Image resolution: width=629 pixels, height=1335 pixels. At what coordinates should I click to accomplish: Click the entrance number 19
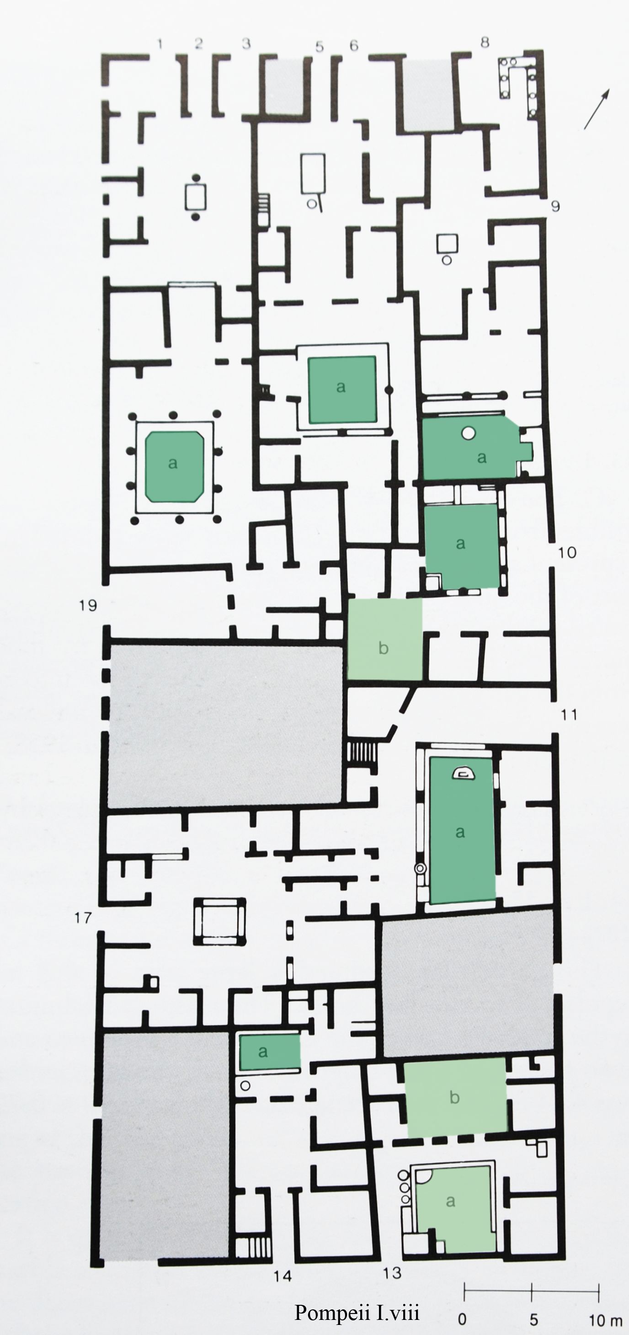coord(88,605)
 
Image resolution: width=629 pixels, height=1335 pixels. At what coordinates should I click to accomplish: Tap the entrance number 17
coord(83,918)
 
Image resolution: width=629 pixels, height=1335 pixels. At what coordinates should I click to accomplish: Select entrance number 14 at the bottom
coord(283,1276)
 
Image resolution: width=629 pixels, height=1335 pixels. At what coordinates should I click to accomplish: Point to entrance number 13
coord(392,1272)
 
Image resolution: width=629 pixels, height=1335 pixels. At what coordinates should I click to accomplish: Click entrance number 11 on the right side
coord(569,715)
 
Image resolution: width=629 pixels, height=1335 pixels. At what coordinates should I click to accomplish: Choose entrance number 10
coord(567,552)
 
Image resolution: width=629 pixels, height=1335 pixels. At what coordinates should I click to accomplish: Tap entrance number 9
coord(555,206)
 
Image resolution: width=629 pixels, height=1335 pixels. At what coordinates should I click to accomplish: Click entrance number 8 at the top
coord(485,42)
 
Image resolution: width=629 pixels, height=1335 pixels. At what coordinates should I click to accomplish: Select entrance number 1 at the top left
coord(160,44)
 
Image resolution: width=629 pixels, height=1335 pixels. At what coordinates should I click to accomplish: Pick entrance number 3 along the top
coord(247,43)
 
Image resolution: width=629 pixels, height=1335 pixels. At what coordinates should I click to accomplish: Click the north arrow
coord(597,109)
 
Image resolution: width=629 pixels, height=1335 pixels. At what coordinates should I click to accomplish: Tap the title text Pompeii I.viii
coord(357,1312)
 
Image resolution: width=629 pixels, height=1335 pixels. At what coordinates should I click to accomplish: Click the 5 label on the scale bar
coord(533,1319)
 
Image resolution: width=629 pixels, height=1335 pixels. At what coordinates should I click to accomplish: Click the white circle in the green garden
coord(469,433)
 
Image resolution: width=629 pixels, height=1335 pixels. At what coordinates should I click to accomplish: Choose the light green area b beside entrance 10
coord(384,639)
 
